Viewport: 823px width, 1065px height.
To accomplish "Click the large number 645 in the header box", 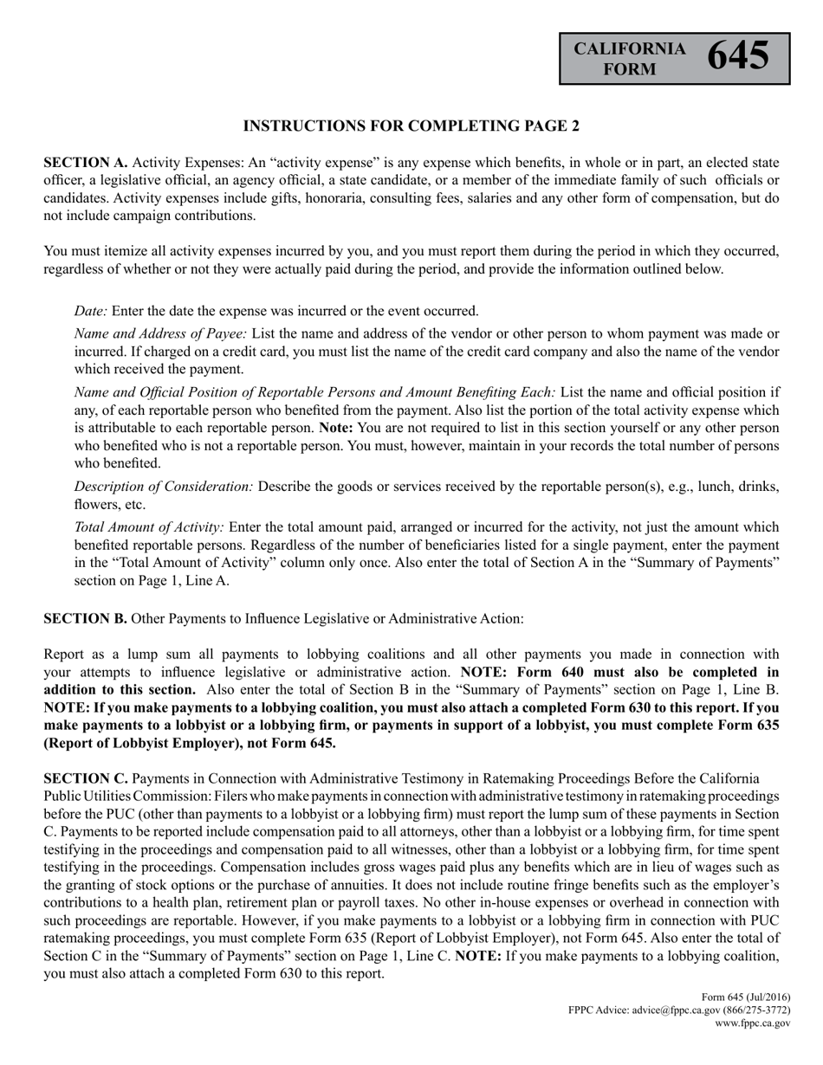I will pyautogui.click(x=738, y=56).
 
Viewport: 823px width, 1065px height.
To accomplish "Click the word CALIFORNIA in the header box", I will pyautogui.click(x=630, y=48).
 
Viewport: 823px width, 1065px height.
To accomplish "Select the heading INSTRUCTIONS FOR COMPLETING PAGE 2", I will pyautogui.click(x=411, y=126).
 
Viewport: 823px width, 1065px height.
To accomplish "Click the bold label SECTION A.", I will pyautogui.click(x=86, y=163).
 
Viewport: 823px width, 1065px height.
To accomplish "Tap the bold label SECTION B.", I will pyautogui.click(x=86, y=618).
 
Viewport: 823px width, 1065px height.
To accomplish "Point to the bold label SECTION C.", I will pyautogui.click(x=86, y=778).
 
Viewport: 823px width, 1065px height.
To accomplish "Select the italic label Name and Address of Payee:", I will pyautogui.click(x=161, y=333).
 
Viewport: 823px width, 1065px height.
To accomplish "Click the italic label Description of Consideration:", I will pyautogui.click(x=164, y=487).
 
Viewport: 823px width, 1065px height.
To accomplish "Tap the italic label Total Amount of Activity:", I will pyautogui.click(x=149, y=527).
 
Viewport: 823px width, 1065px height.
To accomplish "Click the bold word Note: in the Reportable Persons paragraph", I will pyautogui.click(x=336, y=428).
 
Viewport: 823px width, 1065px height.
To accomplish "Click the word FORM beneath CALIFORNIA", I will pyautogui.click(x=630, y=68).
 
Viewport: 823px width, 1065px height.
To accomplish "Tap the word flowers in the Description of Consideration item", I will pyautogui.click(x=95, y=505).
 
